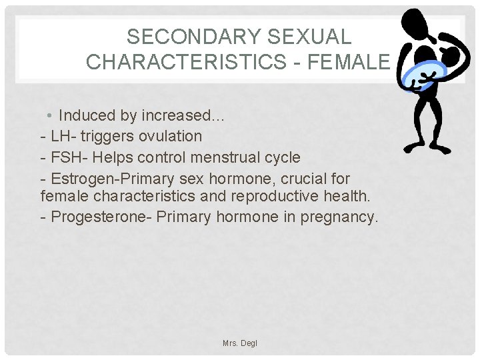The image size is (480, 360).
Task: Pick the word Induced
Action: point(87,115)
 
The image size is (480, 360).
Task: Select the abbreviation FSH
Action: point(65,158)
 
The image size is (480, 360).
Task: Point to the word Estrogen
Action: point(79,179)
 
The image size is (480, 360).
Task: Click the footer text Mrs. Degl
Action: point(239,343)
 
